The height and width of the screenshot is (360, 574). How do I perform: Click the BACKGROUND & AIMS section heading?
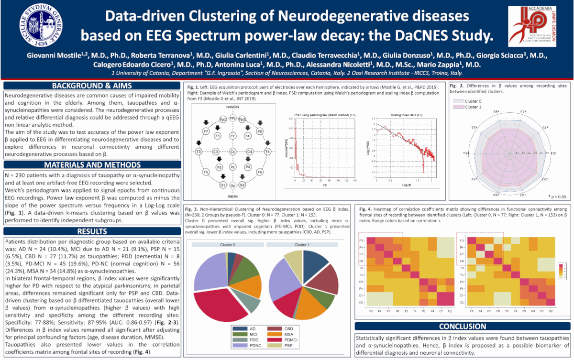click(91, 86)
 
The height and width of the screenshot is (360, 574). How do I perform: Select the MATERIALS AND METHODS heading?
click(91, 165)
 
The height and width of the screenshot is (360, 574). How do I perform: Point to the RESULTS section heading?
click(91, 231)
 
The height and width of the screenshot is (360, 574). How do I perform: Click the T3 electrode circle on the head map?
click(199, 152)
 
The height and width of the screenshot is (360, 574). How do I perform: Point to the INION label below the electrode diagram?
click(232, 196)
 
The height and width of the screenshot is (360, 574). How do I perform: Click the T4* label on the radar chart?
click(465, 153)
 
